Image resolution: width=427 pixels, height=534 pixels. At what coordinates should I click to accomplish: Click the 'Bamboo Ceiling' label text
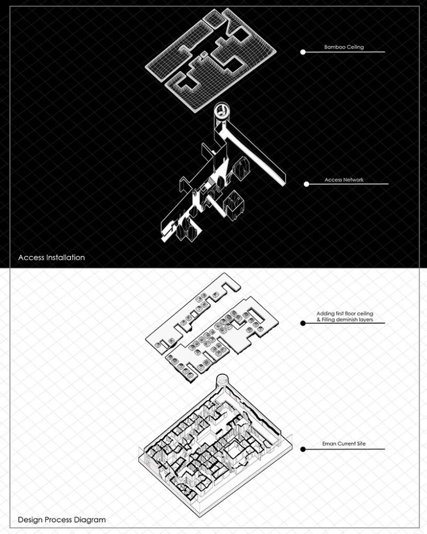pyautogui.click(x=344, y=47)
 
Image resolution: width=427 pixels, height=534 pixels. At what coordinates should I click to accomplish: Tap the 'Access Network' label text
pyautogui.click(x=344, y=179)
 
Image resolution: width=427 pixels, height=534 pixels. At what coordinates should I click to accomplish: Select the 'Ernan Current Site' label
pyautogui.click(x=344, y=444)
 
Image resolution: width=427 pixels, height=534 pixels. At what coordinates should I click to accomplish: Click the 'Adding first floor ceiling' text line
pyautogui.click(x=345, y=313)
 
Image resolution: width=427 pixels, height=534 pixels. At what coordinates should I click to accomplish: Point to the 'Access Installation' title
pyautogui.click(x=51, y=257)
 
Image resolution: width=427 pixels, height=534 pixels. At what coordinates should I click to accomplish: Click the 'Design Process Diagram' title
pyautogui.click(x=61, y=520)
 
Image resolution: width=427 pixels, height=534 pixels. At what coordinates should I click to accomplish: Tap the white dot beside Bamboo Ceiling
pyautogui.click(x=303, y=52)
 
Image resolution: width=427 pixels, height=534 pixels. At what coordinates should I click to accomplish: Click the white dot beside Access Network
pyautogui.click(x=306, y=184)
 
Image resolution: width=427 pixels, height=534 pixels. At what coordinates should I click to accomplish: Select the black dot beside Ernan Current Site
pyautogui.click(x=303, y=449)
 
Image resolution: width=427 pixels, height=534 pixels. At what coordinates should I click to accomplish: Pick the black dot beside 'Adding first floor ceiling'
pyautogui.click(x=303, y=323)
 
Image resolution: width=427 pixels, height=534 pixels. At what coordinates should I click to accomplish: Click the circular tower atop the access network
pyautogui.click(x=222, y=112)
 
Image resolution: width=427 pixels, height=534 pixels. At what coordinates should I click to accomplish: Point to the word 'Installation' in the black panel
pyautogui.click(x=66, y=257)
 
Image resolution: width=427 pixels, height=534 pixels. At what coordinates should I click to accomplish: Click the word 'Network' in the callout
pyautogui.click(x=353, y=179)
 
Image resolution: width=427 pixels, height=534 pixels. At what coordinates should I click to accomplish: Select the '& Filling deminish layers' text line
pyautogui.click(x=345, y=320)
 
